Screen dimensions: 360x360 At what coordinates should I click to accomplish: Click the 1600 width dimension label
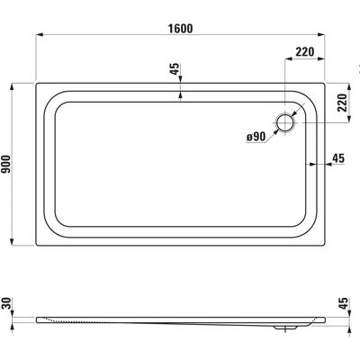(180, 29)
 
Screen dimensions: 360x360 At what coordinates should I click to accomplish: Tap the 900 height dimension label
(6, 164)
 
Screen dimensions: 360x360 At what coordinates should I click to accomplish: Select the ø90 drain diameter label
(256, 137)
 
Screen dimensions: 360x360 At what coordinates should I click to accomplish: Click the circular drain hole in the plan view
(285, 123)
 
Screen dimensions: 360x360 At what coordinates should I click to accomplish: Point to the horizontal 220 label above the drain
(305, 52)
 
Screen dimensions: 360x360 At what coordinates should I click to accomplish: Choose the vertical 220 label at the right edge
(342, 103)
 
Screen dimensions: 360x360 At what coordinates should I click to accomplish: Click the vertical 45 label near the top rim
(175, 69)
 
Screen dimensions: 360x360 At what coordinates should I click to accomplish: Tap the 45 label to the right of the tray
(338, 157)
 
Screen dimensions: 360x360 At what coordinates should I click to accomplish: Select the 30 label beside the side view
(5, 303)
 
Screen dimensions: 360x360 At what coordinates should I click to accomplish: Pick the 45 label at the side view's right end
(344, 303)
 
